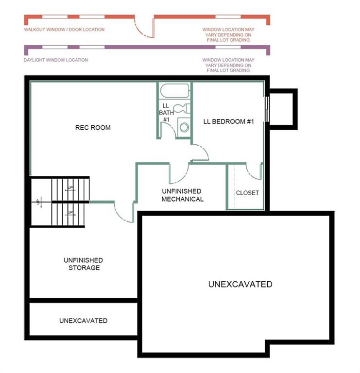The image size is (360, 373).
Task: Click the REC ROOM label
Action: tap(93, 128)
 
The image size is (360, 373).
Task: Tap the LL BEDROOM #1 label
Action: tap(228, 121)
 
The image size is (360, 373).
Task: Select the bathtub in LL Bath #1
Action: tap(175, 91)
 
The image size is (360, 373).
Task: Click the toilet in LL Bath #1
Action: tap(182, 109)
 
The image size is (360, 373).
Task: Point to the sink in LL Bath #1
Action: tap(184, 127)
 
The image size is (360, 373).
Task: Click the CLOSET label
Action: tap(247, 193)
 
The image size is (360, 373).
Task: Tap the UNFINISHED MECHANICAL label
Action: tap(182, 195)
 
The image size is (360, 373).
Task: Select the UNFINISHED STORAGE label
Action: tap(84, 264)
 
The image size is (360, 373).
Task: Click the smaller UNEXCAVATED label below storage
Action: tap(83, 321)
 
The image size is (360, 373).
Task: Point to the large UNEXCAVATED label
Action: tap(240, 284)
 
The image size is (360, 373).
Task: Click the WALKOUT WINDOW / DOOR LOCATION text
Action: tap(64, 30)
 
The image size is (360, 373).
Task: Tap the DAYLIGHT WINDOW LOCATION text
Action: tap(56, 60)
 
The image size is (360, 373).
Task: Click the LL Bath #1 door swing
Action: tap(171, 128)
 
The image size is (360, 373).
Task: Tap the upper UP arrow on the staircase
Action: tap(70, 189)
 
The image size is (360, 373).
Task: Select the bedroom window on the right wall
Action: tap(267, 109)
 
